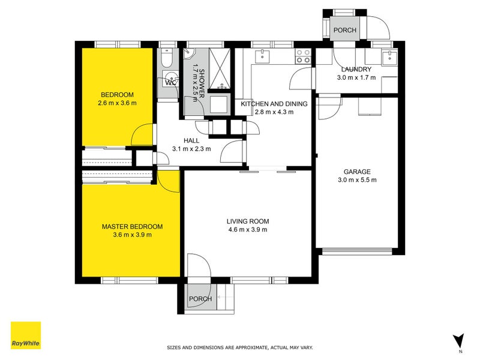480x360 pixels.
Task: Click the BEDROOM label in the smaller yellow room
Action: click(117, 95)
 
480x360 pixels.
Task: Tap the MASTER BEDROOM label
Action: click(132, 226)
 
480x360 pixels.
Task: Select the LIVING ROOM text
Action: click(247, 221)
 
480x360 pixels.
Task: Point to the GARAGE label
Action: click(356, 171)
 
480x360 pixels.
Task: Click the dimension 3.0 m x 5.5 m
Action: click(356, 179)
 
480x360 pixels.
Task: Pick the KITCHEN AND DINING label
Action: click(274, 104)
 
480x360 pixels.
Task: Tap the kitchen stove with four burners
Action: click(304, 56)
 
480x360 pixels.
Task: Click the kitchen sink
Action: click(263, 56)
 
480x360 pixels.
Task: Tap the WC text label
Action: click(170, 83)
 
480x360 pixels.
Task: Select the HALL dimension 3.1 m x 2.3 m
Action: click(191, 149)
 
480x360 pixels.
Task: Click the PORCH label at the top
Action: click(344, 30)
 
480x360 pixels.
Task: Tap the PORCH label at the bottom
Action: click(200, 299)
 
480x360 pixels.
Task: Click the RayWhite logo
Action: click(26, 335)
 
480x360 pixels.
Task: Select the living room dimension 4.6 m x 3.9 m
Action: click(247, 229)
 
